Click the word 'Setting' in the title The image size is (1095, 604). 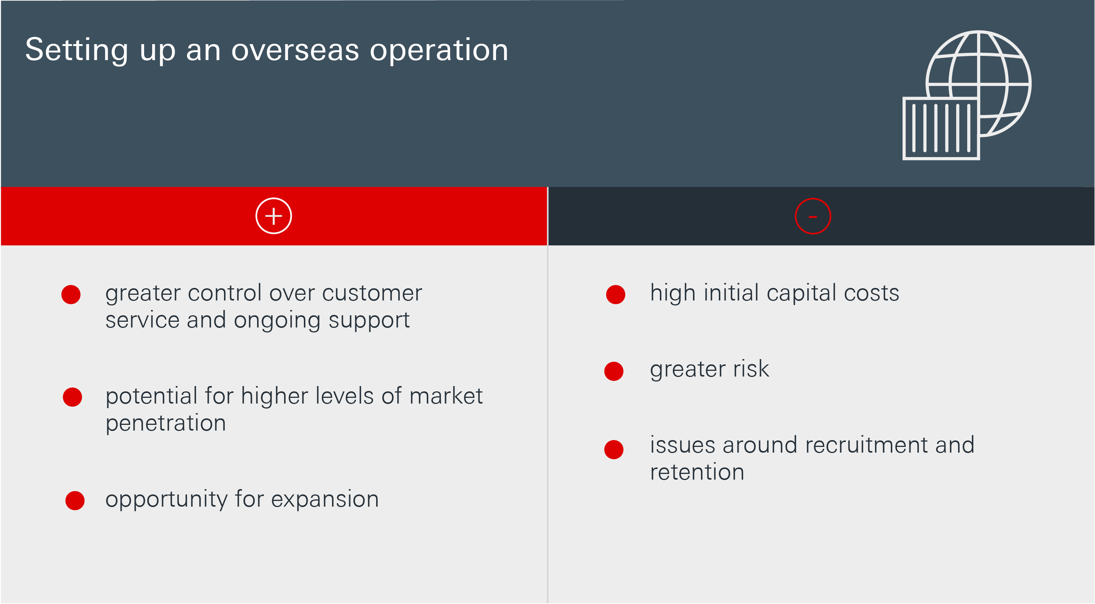76,51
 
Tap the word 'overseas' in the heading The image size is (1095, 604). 295,51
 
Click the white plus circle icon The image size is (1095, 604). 274,216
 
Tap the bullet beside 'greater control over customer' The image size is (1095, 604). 71,294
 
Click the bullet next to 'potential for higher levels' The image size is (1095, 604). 72,397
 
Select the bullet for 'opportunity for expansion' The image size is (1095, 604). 75,500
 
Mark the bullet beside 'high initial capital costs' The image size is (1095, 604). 615,294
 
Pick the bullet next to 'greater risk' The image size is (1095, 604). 614,371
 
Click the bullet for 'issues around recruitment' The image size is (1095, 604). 614,449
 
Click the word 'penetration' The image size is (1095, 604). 166,423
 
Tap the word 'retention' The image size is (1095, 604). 697,472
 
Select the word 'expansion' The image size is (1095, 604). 325,499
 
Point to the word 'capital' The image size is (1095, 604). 801,293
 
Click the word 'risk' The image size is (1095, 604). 751,368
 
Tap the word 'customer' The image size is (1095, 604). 372,293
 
